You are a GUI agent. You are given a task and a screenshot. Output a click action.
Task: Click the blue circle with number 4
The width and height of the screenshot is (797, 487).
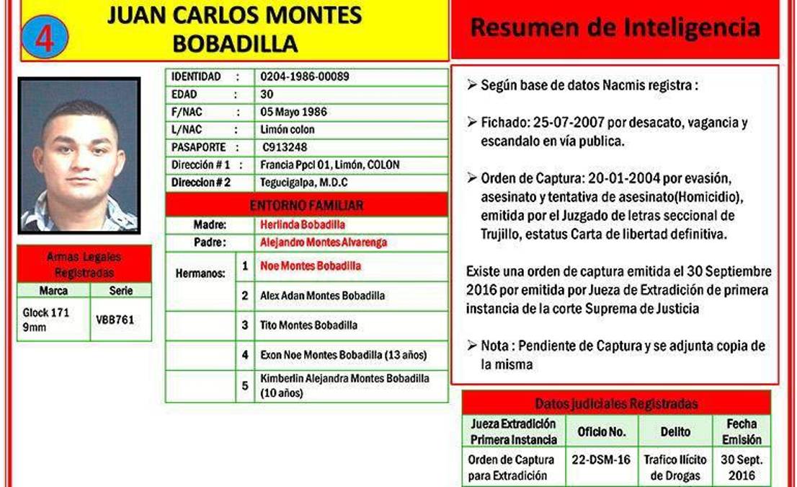(x=45, y=39)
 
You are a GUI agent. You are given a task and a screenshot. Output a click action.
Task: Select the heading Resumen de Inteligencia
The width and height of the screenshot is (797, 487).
(x=615, y=28)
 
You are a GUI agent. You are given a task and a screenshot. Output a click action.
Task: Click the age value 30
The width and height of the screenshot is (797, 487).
(x=267, y=94)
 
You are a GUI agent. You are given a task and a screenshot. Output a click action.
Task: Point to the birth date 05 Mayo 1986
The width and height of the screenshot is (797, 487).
(x=293, y=112)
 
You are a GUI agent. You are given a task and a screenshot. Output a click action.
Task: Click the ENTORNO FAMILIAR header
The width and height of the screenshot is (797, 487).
(x=306, y=206)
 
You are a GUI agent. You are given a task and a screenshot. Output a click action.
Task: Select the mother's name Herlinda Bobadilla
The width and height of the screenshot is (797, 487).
(x=303, y=224)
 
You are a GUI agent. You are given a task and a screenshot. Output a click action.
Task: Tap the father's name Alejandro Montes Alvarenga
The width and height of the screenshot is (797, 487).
(x=324, y=242)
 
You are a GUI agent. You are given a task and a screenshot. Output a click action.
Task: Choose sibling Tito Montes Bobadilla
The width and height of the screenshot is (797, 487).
(x=308, y=325)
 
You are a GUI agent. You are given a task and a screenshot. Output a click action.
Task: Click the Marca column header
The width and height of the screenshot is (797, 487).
(x=54, y=291)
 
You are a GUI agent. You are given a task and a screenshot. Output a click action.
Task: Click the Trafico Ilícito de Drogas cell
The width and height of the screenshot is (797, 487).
(x=675, y=468)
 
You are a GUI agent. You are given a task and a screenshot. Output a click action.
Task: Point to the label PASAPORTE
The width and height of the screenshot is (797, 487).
(x=200, y=147)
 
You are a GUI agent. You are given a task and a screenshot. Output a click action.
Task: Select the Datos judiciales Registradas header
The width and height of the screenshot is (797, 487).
(x=616, y=403)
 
